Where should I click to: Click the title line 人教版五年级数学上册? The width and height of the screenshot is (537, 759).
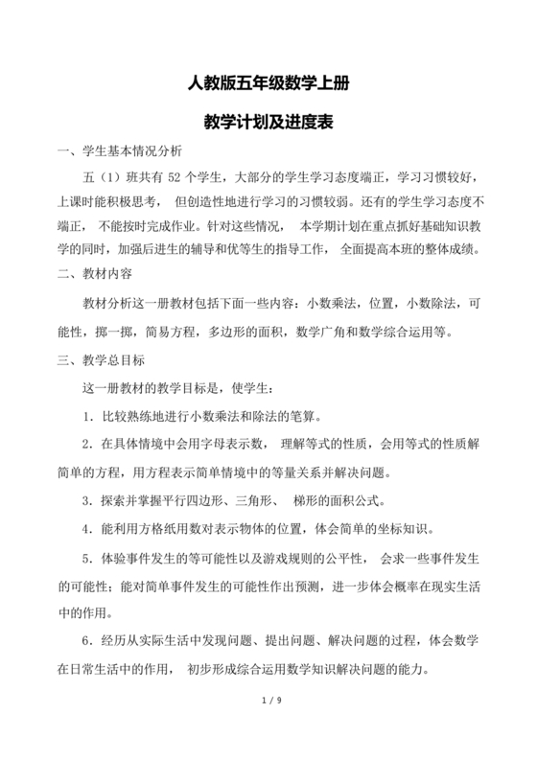click(x=268, y=83)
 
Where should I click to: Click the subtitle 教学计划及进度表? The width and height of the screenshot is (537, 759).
click(x=268, y=123)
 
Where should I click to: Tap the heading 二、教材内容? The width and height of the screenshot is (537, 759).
click(x=96, y=274)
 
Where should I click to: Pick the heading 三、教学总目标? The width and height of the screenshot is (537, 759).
click(x=103, y=361)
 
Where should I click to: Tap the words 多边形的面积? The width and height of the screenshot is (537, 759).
click(x=238, y=333)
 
